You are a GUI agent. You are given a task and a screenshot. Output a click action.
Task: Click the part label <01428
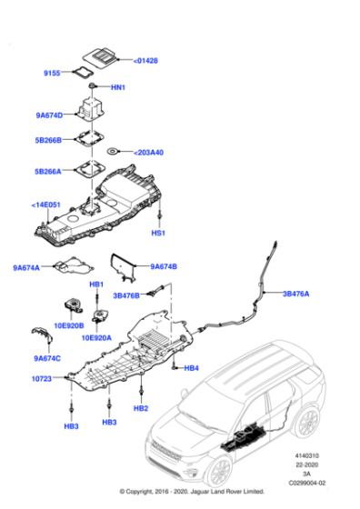(145, 61)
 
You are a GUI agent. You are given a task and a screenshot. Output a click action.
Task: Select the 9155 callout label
(52, 73)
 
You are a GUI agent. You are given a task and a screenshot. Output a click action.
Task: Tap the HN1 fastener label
(118, 87)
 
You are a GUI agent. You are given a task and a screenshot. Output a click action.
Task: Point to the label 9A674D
(49, 115)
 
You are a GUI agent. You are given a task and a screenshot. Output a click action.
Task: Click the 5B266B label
(48, 140)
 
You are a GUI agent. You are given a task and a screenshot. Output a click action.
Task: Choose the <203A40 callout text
(148, 153)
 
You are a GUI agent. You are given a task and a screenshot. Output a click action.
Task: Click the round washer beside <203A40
(113, 151)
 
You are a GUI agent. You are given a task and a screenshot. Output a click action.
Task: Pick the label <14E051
(45, 205)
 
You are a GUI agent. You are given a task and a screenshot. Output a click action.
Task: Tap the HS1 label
(158, 233)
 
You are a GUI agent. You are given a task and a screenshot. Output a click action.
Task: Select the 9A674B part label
(164, 266)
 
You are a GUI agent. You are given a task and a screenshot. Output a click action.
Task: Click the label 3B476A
(295, 294)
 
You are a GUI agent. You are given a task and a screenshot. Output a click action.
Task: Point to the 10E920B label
(69, 325)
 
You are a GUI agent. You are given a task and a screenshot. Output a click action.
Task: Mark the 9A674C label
(47, 358)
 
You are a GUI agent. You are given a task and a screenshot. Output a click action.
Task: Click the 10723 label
(42, 378)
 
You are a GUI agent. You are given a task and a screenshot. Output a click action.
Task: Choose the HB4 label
(191, 368)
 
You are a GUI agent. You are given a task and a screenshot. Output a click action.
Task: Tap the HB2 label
(141, 408)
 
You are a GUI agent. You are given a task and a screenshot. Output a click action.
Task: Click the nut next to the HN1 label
(93, 85)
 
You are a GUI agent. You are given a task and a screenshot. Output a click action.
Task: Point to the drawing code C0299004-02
(307, 483)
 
